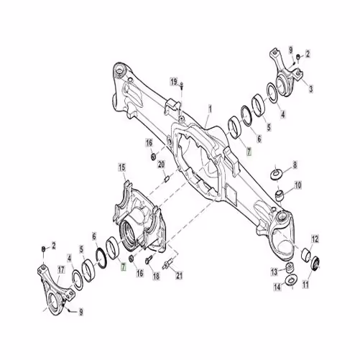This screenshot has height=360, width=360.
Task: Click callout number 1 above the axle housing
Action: pyautogui.click(x=210, y=110)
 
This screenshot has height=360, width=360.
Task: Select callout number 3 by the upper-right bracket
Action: pyautogui.click(x=310, y=89)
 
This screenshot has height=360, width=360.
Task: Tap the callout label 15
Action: pyautogui.click(x=122, y=167)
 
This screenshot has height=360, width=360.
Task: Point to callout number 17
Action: pyautogui.click(x=61, y=270)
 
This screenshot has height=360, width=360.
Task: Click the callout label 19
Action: pyautogui.click(x=174, y=82)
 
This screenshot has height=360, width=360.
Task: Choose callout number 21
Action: pyautogui.click(x=179, y=276)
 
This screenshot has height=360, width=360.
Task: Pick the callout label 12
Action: pyautogui.click(x=315, y=239)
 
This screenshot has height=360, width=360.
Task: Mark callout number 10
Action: pyautogui.click(x=297, y=185)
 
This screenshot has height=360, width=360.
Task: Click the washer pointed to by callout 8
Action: pyautogui.click(x=276, y=174)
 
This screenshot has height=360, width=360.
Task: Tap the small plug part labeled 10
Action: pyautogui.click(x=279, y=195)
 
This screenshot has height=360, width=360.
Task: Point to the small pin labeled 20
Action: pyautogui.click(x=167, y=179)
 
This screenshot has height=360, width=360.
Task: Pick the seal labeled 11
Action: pyautogui.click(x=316, y=264)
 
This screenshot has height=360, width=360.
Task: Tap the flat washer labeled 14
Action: pyautogui.click(x=291, y=280)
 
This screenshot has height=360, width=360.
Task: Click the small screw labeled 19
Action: pyautogui.click(x=182, y=85)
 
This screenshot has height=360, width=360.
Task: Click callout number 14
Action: pyautogui.click(x=277, y=287)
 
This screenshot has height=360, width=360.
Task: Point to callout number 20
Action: pyautogui.click(x=161, y=165)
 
